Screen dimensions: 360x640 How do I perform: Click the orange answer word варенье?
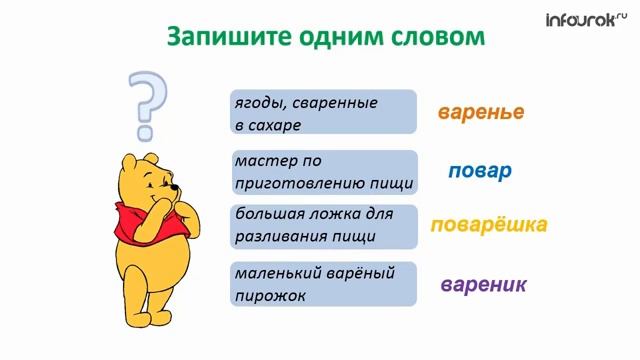point(481,112)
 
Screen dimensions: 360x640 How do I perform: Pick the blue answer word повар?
point(480,170)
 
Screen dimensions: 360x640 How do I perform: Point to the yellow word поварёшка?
point(489,225)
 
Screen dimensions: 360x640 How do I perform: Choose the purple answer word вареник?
point(484,285)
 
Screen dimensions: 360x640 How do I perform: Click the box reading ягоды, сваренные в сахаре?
point(323,113)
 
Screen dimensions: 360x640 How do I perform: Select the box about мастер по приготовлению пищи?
point(323,172)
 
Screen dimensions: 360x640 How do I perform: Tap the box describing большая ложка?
point(323,226)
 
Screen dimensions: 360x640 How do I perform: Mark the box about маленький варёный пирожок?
point(323,284)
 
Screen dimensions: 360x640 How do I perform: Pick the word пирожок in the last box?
point(270,296)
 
